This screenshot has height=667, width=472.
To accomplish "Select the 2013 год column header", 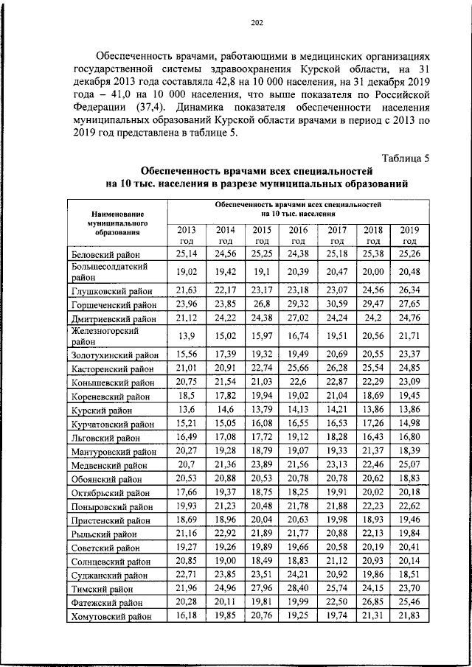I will pyautogui.click(x=187, y=235).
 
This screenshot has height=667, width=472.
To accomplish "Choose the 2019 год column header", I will pyautogui.click(x=409, y=235).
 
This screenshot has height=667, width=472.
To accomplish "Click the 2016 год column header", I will pyautogui.click(x=298, y=235).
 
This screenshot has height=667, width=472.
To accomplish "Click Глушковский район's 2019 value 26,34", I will pyautogui.click(x=409, y=290).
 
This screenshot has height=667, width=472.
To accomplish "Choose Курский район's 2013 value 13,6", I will pyautogui.click(x=187, y=410).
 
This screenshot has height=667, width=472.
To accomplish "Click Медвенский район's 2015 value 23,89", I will pyautogui.click(x=261, y=464).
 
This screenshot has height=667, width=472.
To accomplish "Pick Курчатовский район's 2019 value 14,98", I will pyautogui.click(x=409, y=423).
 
